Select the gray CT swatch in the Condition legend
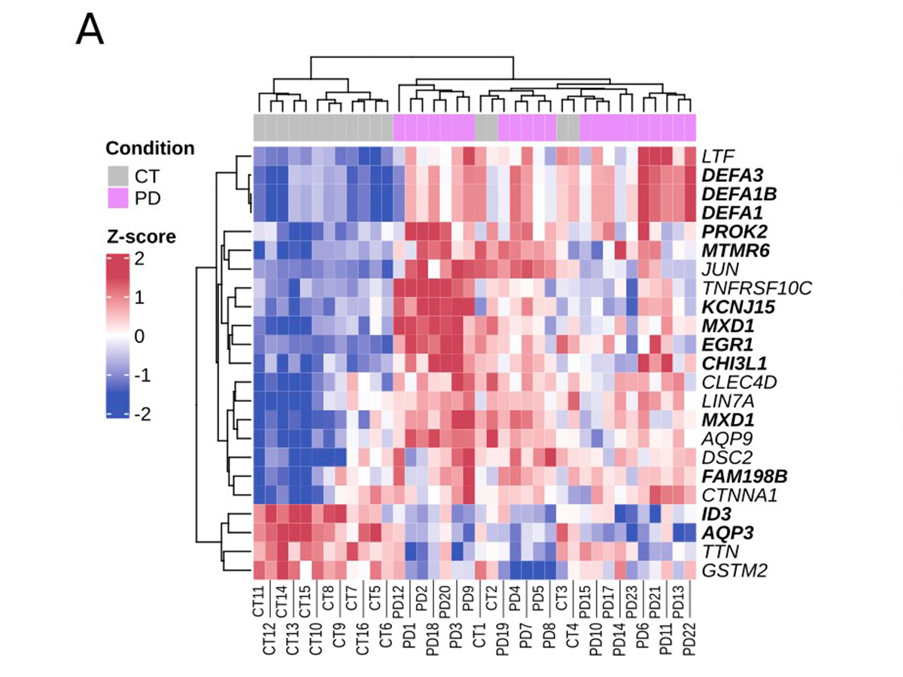point(115,178)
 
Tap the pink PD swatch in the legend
point(115,199)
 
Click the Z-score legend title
point(140,237)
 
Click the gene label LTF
point(718,157)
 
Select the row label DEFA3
point(728,175)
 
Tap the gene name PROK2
point(729,231)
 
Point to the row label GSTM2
point(734,570)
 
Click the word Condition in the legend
point(150,148)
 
